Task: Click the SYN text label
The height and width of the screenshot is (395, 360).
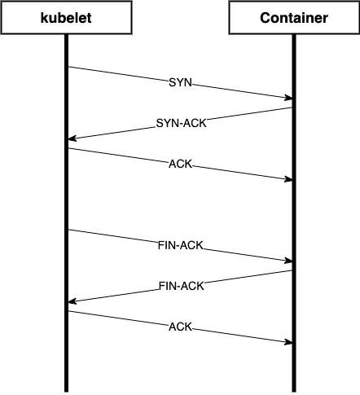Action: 180,83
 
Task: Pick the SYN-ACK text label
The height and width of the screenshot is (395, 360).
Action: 180,124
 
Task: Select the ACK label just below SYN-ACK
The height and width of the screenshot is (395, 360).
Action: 180,164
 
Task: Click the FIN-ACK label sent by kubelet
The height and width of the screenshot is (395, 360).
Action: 180,245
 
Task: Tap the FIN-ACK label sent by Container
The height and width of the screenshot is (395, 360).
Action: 180,286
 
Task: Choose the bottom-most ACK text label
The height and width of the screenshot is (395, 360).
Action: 180,327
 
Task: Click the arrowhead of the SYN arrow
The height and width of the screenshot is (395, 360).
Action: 289,99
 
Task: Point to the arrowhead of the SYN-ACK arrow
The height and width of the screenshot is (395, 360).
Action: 71,139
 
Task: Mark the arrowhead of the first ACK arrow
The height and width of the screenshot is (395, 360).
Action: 289,179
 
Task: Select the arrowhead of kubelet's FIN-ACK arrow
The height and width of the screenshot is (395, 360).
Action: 289,261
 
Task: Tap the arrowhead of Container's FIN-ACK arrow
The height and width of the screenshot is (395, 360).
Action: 71,301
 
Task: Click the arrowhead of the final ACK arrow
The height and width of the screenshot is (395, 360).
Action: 289,342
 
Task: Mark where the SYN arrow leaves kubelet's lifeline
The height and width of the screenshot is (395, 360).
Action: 68,67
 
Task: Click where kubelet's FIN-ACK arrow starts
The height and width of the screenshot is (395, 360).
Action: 68,230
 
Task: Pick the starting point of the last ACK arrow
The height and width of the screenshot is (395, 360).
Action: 68,311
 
